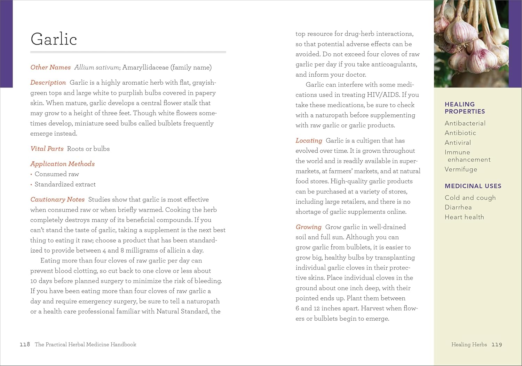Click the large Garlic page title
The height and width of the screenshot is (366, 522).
pyautogui.click(x=54, y=39)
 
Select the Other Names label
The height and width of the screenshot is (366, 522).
pyautogui.click(x=50, y=67)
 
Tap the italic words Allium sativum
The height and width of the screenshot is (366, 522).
pyautogui.click(x=96, y=67)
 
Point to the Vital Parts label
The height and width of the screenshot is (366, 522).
pyautogui.click(x=47, y=148)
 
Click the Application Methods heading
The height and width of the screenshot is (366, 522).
pyautogui.click(x=63, y=164)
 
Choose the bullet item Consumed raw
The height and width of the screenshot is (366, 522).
pyautogui.click(x=57, y=174)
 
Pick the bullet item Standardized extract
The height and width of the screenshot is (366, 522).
pyautogui.click(x=65, y=184)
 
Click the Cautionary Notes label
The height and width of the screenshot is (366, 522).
pyautogui.click(x=57, y=199)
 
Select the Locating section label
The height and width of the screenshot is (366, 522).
pyautogui.click(x=309, y=140)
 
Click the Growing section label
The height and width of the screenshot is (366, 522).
pyautogui.click(x=308, y=227)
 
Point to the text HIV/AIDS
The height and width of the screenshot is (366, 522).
pyautogui.click(x=383, y=95)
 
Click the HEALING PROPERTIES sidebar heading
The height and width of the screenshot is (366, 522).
pyautogui.click(x=465, y=108)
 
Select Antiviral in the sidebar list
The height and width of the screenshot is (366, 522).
pyautogui.click(x=458, y=143)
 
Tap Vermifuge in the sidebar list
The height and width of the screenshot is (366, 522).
pyautogui.click(x=461, y=169)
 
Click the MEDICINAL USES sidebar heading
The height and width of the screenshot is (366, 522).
pyautogui.click(x=473, y=186)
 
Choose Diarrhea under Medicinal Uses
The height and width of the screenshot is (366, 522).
pyautogui.click(x=458, y=207)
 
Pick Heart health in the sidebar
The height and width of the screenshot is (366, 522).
pyautogui.click(x=464, y=217)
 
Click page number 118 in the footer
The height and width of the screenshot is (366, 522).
pyautogui.click(x=25, y=344)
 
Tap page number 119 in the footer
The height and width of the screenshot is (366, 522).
pyautogui.click(x=497, y=344)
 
